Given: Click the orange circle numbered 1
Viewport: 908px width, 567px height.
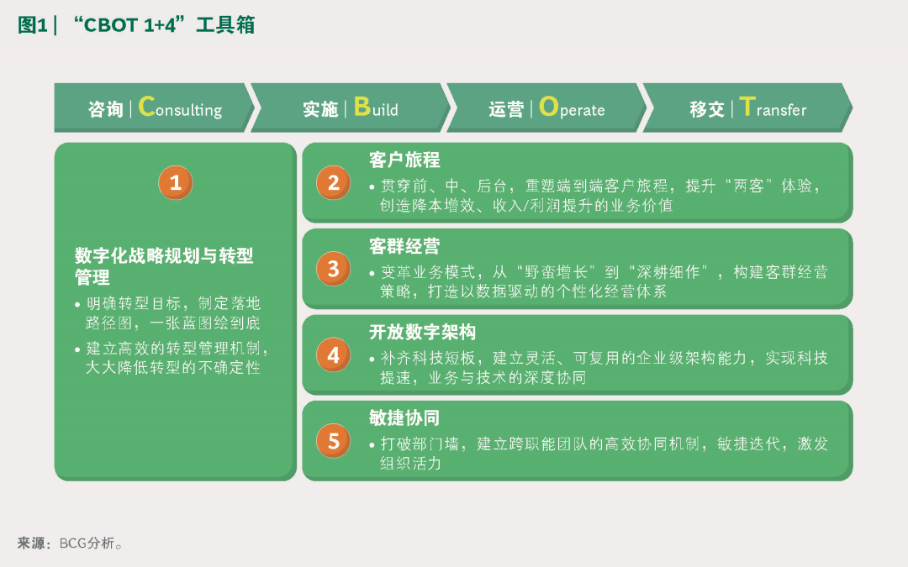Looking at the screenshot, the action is [x=176, y=183].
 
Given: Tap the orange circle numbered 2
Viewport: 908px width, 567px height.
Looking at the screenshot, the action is [x=333, y=183].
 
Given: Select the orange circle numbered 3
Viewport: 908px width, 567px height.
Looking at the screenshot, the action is [x=333, y=269].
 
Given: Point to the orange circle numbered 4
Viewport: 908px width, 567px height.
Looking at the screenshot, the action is [x=333, y=354].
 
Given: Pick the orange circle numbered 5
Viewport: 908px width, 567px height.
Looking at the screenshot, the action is [x=333, y=441].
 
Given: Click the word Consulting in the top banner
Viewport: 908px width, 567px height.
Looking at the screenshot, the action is [x=180, y=108].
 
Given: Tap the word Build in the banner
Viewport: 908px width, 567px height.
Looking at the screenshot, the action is [x=376, y=108].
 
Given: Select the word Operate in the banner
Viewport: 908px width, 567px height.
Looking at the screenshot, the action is [x=572, y=108].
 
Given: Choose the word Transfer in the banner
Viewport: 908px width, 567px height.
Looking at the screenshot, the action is [x=773, y=108].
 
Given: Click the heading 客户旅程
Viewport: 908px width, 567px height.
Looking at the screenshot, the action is [x=404, y=160].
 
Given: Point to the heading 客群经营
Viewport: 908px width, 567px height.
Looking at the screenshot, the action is [x=404, y=246].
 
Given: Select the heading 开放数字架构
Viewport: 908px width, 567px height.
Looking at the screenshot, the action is [x=423, y=332].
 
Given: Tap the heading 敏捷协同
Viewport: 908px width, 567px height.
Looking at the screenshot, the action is [x=404, y=417].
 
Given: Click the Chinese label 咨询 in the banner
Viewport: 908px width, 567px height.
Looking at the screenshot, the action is [x=106, y=109].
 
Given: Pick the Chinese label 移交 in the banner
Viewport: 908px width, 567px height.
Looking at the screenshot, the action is [x=707, y=109].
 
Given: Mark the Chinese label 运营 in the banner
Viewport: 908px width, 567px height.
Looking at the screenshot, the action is [x=506, y=109].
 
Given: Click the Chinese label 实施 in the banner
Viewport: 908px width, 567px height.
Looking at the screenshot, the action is [x=320, y=109].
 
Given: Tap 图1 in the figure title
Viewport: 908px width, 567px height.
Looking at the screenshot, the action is [x=33, y=25].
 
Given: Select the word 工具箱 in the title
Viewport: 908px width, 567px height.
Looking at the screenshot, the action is [x=225, y=25].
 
